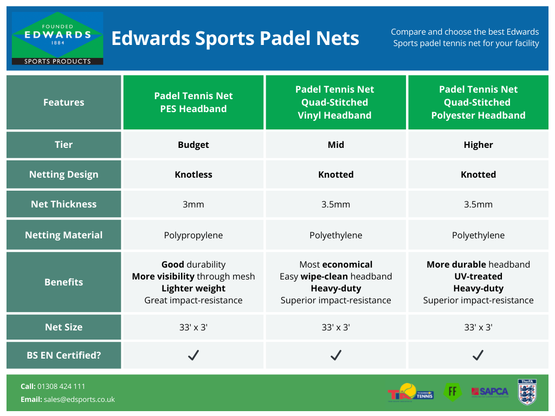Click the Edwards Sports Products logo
click(57, 38)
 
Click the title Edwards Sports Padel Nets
click(235, 38)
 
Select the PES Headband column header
click(193, 102)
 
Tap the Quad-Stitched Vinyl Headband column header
click(335, 102)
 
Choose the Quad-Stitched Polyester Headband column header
click(478, 102)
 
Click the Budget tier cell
click(193, 145)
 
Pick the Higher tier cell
click(478, 145)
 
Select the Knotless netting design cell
click(193, 174)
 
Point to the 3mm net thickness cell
click(193, 204)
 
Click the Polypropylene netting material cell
click(193, 235)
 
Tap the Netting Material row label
click(64, 235)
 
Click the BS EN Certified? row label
click(64, 355)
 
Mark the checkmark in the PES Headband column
click(193, 355)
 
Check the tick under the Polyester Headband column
click(478, 355)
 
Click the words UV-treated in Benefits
click(478, 276)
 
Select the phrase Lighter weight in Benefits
click(193, 288)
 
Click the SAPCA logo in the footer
click(490, 392)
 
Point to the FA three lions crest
click(527, 392)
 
